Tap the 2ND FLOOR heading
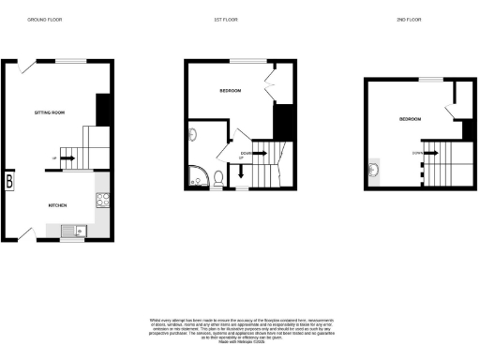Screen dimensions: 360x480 (x=403, y=19)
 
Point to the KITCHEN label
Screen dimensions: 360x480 (x=58, y=203)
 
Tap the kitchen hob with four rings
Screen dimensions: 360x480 (x=102, y=198)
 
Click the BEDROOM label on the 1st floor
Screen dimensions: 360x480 (x=231, y=91)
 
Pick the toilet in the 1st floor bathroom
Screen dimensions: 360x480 (x=217, y=177)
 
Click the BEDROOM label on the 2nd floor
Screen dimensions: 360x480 (x=411, y=120)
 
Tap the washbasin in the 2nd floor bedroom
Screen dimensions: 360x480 (x=373, y=170)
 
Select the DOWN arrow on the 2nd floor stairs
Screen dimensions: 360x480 (x=423, y=153)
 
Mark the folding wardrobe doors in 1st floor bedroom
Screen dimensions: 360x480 (x=272, y=86)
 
